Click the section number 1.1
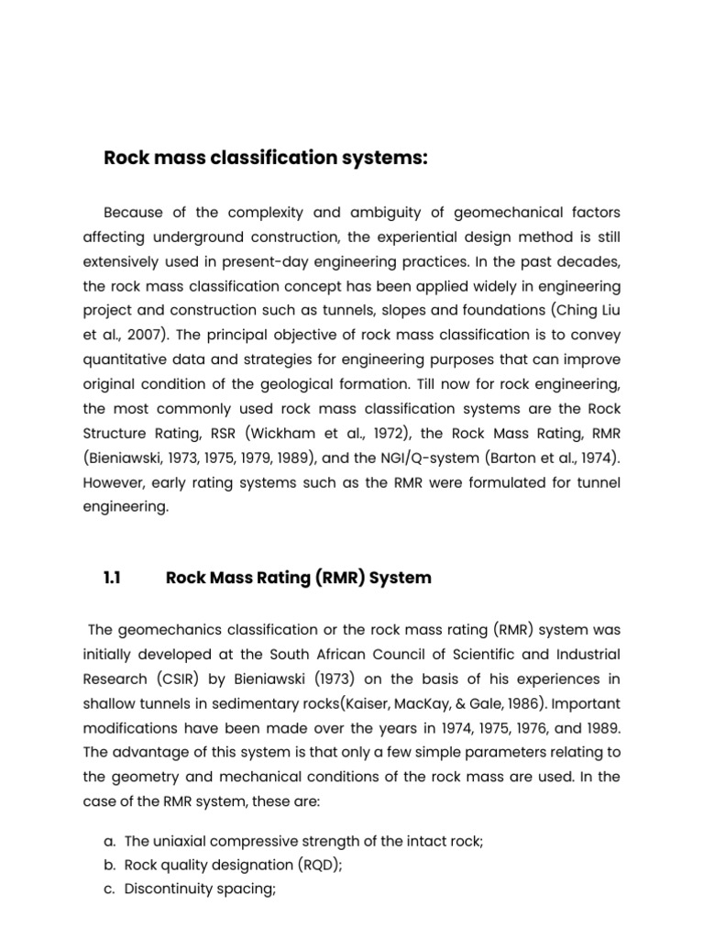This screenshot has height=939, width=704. click(113, 578)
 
